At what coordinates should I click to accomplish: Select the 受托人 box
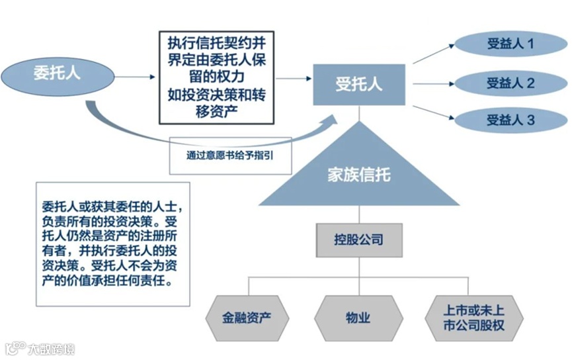pos(359,85)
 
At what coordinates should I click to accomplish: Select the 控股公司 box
pos(359,239)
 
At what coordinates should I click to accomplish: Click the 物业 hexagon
pos(358,317)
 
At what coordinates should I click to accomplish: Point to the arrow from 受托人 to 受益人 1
pos(434,54)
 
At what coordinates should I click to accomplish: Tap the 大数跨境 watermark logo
pos(40,347)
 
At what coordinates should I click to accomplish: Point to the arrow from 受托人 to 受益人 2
pos(434,84)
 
